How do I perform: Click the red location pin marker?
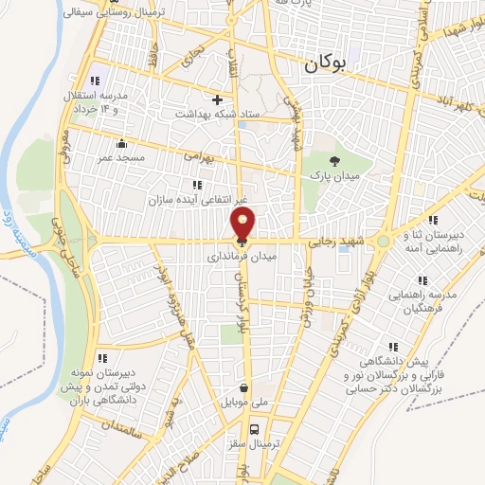click(242, 225)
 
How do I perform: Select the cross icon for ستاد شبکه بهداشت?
click(218, 99)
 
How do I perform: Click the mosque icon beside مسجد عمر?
click(121, 144)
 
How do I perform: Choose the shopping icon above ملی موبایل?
click(244, 386)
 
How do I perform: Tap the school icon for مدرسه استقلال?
click(93, 81)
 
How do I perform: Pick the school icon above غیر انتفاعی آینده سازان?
click(196, 184)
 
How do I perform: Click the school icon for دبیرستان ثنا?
click(433, 221)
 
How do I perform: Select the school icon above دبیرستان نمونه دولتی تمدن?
click(103, 357)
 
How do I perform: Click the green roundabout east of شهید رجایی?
click(382, 242)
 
